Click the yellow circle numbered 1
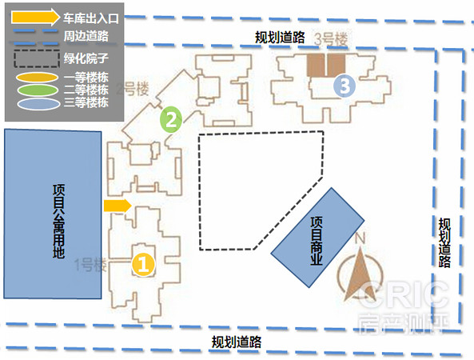(143, 265)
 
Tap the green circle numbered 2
(171, 119)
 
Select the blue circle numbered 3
(345, 86)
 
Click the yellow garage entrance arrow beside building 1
(118, 206)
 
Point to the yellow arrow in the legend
(36, 17)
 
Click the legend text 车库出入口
(91, 18)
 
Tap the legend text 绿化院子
(86, 58)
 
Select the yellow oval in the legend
(38, 77)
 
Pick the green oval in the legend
(38, 90)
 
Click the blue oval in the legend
(38, 104)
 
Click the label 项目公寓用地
(58, 221)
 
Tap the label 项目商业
(317, 241)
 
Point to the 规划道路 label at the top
(280, 38)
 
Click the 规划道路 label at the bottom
(237, 342)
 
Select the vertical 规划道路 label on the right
(444, 242)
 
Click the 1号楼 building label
(90, 265)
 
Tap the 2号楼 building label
(133, 90)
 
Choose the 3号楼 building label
(331, 39)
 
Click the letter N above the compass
(360, 238)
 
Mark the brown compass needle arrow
(360, 274)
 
